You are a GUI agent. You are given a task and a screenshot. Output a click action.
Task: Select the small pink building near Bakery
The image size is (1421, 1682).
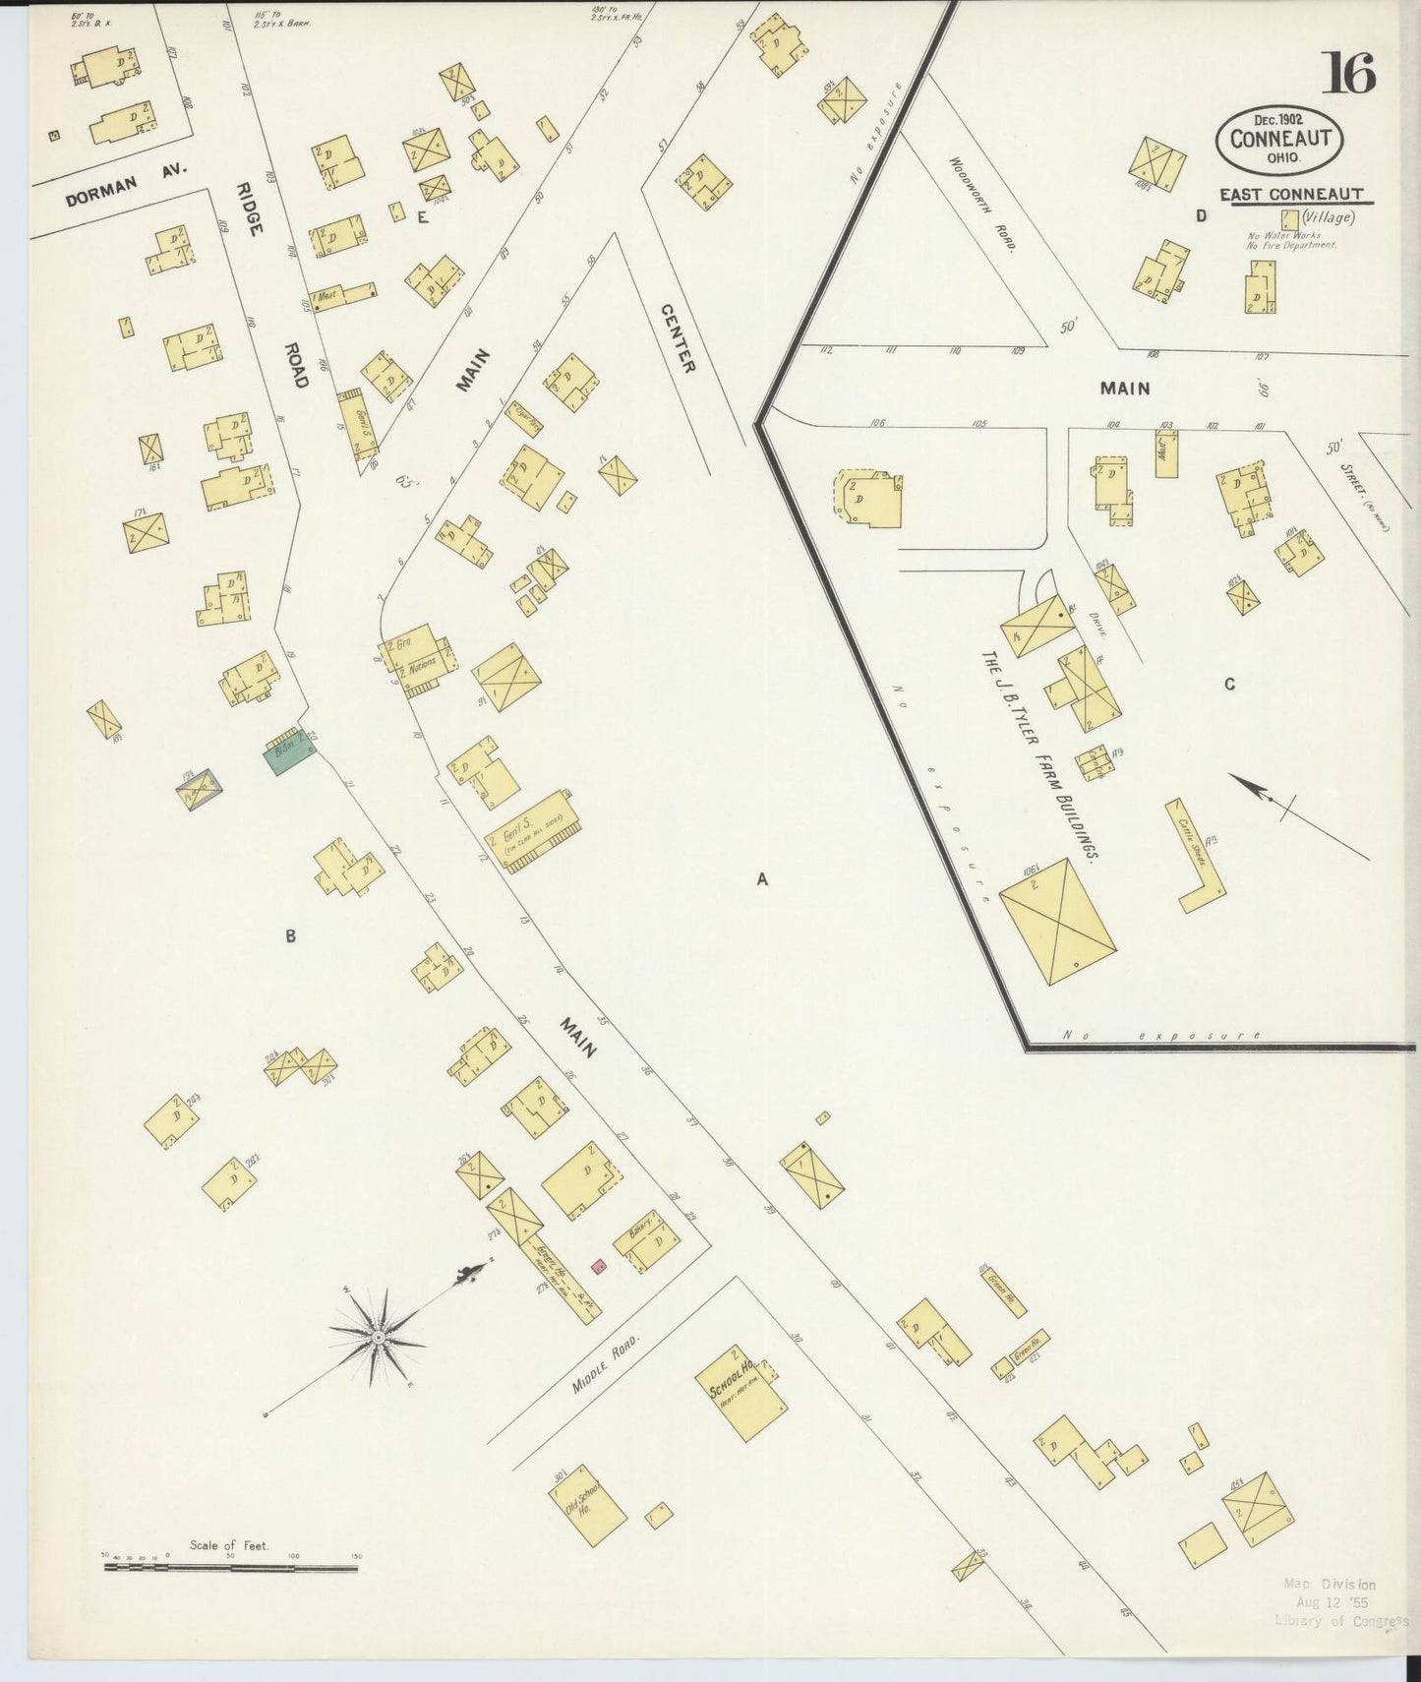click(597, 1265)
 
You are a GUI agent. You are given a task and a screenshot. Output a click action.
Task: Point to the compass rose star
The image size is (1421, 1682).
click(378, 1339)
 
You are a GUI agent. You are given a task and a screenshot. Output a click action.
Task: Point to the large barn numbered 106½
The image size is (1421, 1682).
click(1057, 919)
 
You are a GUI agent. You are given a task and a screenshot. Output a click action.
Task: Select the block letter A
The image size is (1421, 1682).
click(761, 880)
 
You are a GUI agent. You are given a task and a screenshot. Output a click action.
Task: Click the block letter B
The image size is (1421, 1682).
click(290, 936)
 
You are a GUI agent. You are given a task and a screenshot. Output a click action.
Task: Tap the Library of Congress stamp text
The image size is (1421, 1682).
click(1340, 1620)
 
